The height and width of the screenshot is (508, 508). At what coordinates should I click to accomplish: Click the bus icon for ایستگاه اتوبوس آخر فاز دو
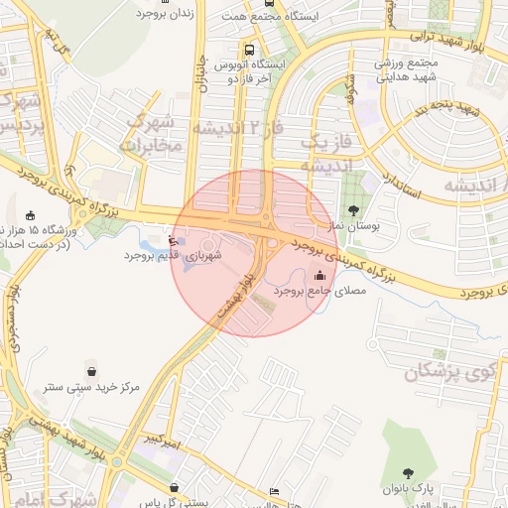[x=247, y=49]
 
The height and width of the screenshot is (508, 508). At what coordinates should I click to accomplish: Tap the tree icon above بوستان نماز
[x=354, y=210]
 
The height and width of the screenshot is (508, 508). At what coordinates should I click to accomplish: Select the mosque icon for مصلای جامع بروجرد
[x=319, y=276]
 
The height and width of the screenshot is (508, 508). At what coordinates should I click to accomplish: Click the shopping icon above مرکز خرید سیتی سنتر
[x=92, y=371]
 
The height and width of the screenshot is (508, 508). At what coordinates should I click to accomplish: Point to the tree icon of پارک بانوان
[x=410, y=473]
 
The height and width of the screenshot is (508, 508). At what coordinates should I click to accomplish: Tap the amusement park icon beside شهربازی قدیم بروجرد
[x=174, y=239]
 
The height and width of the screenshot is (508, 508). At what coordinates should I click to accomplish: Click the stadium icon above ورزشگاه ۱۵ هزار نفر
[x=30, y=216]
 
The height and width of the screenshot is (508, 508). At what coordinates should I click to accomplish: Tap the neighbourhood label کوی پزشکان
[x=452, y=372]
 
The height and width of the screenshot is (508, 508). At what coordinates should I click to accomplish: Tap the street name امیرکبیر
[x=160, y=439]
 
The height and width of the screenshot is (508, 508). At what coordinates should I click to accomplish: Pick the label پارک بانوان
[x=409, y=489]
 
